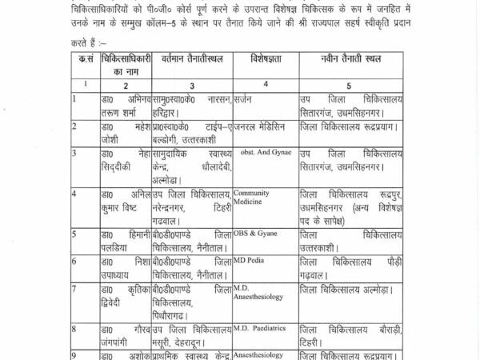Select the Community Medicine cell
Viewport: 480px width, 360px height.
(x=252, y=197)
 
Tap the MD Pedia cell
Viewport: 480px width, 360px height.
(x=250, y=260)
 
